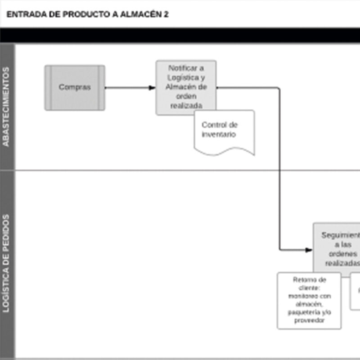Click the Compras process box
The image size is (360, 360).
coord(75,88)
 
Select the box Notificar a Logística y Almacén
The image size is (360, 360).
coord(186,87)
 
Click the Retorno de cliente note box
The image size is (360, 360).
coord(309,300)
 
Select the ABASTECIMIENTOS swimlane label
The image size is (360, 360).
coord(6,107)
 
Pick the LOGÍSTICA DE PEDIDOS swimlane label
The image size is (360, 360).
coord(6,263)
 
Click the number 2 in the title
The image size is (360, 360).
coord(166,14)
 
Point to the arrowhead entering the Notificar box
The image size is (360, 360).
coord(152,88)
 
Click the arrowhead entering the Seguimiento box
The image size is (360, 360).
coord(309,250)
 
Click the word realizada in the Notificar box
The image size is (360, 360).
coord(186,105)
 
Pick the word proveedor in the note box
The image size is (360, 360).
coord(309,320)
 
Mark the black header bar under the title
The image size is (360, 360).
coord(180,35)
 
